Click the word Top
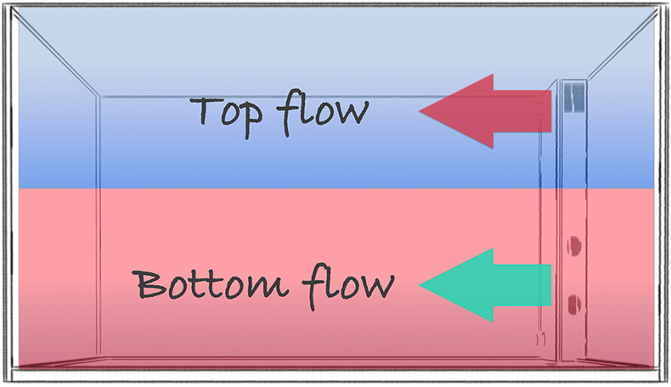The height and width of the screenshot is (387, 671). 226,115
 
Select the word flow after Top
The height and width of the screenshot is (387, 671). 322,113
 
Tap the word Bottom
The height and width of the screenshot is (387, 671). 211,283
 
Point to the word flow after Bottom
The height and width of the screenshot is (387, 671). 348,287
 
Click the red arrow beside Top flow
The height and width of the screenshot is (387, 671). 485,111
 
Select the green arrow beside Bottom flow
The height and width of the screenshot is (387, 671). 485,285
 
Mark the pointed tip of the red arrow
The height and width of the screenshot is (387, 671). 420,111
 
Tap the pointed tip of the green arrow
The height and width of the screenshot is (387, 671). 420,285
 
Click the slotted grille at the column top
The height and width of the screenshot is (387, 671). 574,97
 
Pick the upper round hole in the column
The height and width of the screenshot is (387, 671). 574,246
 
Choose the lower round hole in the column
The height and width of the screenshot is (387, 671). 574,304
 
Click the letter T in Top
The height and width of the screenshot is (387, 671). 206,110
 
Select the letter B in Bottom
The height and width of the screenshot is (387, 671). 149,284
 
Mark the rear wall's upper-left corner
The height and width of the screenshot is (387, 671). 99,96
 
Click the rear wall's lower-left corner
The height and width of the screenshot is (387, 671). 99,356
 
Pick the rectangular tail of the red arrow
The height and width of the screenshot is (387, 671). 522,111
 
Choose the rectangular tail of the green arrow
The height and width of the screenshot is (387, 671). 522,285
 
